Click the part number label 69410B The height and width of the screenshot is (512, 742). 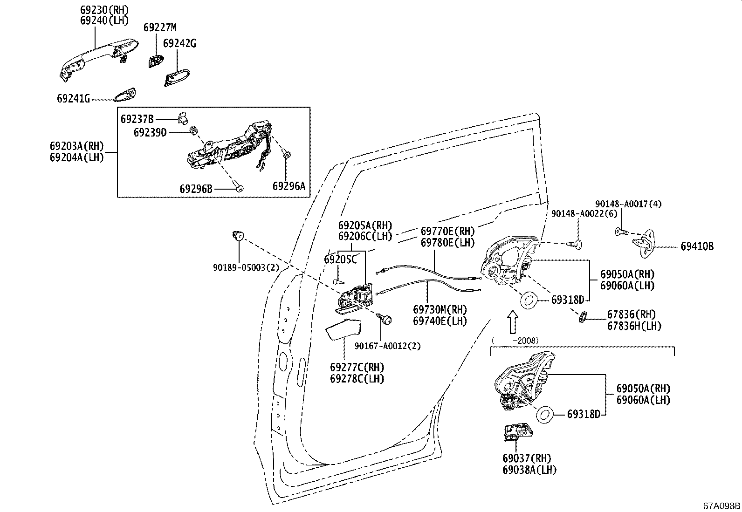pos(696,247)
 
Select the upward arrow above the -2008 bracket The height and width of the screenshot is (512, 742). pos(512,322)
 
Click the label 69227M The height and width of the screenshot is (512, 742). pos(160,27)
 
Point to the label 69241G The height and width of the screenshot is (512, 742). pos(73,99)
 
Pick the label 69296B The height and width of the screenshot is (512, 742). pos(196,189)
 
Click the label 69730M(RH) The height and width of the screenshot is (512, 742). pos(440,309)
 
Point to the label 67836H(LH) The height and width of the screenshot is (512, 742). pos(634,326)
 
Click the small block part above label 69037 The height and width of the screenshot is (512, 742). pos(515,431)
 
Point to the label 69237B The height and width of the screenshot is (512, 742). pos(137,119)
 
